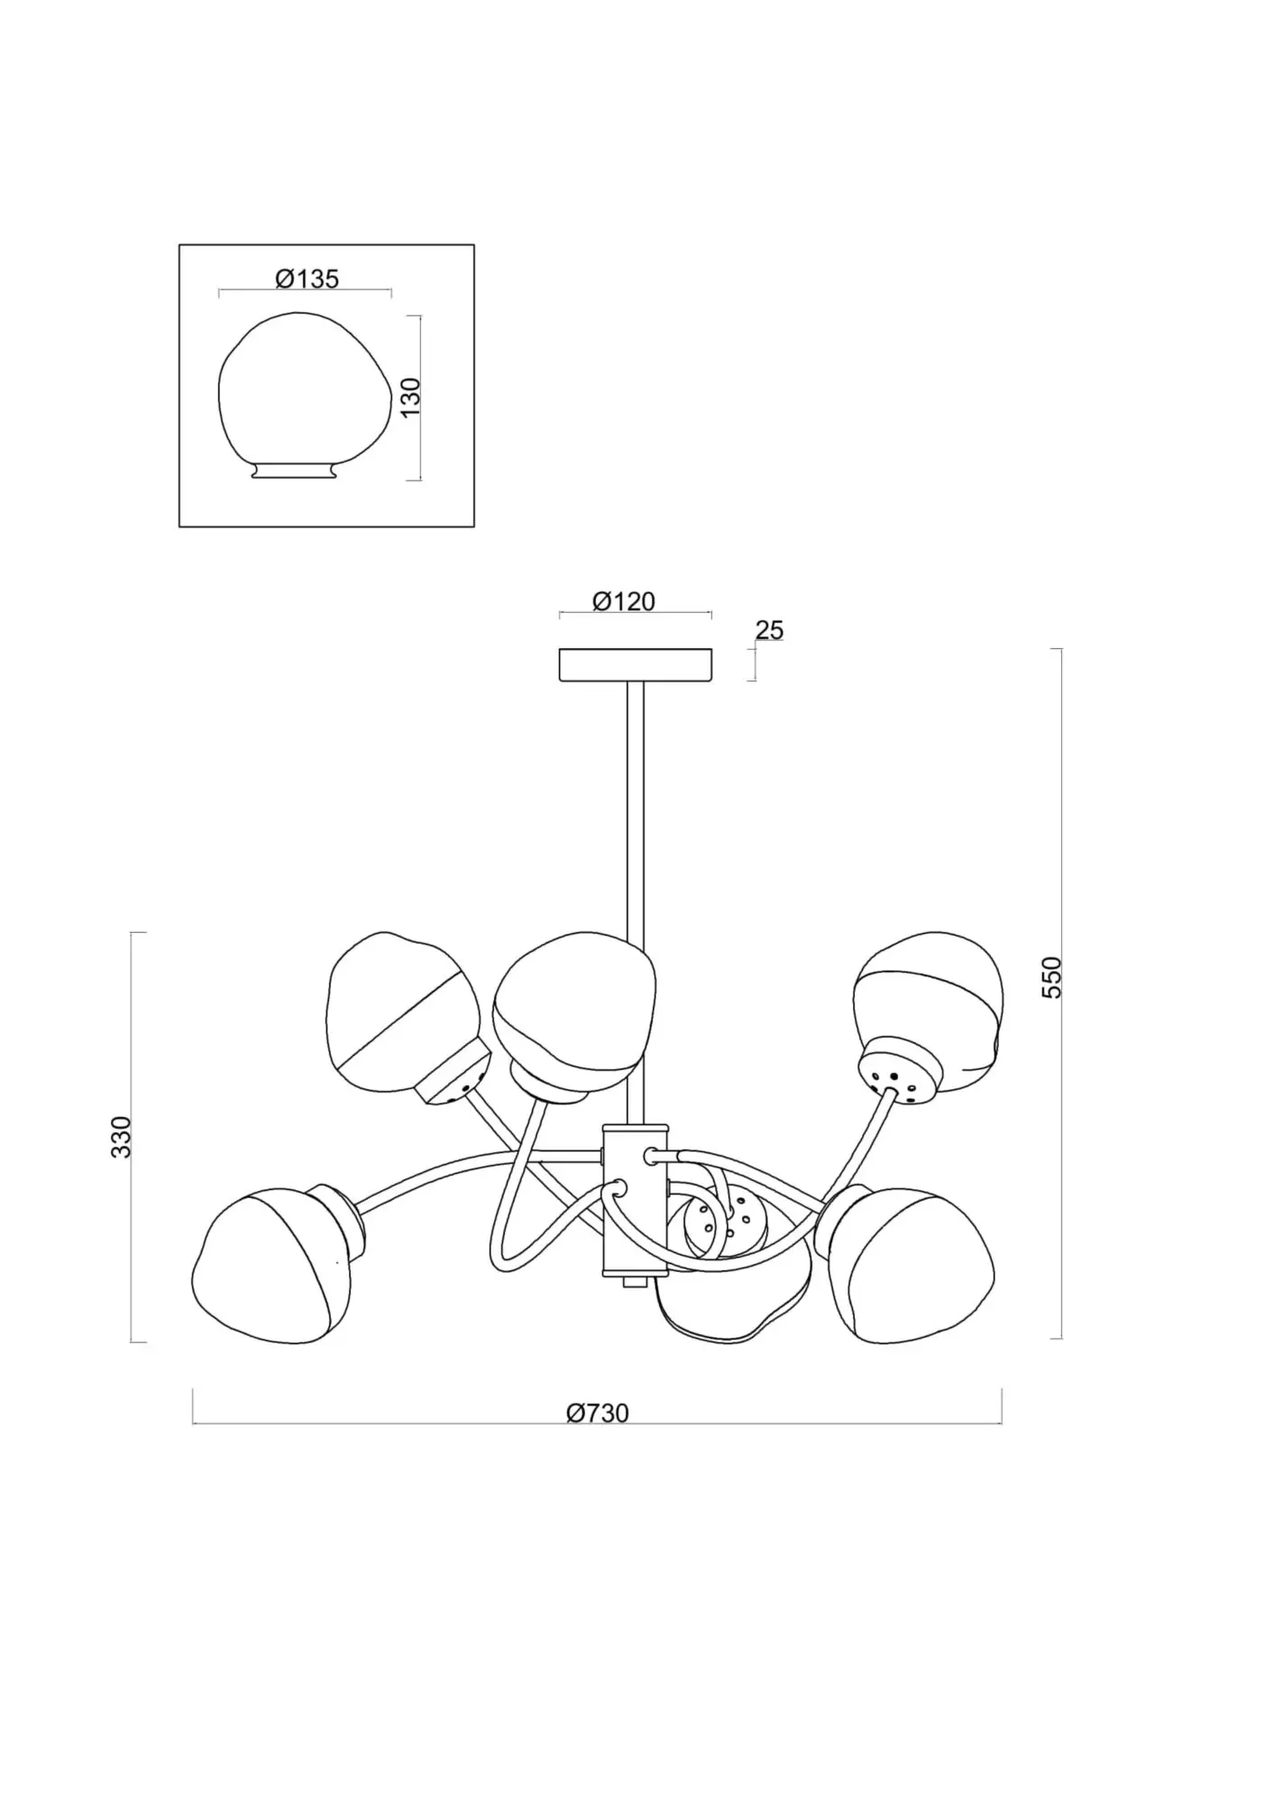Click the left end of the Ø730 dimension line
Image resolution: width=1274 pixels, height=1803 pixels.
pos(193,1423)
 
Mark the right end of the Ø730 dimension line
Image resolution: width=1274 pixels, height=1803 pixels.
pos(1002,1423)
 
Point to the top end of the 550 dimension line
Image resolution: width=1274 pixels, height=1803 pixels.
pos(1061,649)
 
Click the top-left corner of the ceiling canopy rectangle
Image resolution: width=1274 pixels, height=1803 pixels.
pos(560,649)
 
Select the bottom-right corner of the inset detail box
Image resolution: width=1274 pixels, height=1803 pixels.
pos(474,526)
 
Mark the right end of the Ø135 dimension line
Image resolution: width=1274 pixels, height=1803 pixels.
pos(391,291)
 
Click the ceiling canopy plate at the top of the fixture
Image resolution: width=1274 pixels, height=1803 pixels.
pos(636,665)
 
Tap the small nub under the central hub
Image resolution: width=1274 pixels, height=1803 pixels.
pos(636,1282)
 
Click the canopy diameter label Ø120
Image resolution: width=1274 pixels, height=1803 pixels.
pos(624,601)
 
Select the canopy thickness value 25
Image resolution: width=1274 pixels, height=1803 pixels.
pos(769,630)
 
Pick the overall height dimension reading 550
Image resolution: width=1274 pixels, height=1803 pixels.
pos(1052,977)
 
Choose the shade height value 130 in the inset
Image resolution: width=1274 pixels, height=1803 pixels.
pos(410,398)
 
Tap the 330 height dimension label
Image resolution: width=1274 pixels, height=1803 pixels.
pos(121,1137)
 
